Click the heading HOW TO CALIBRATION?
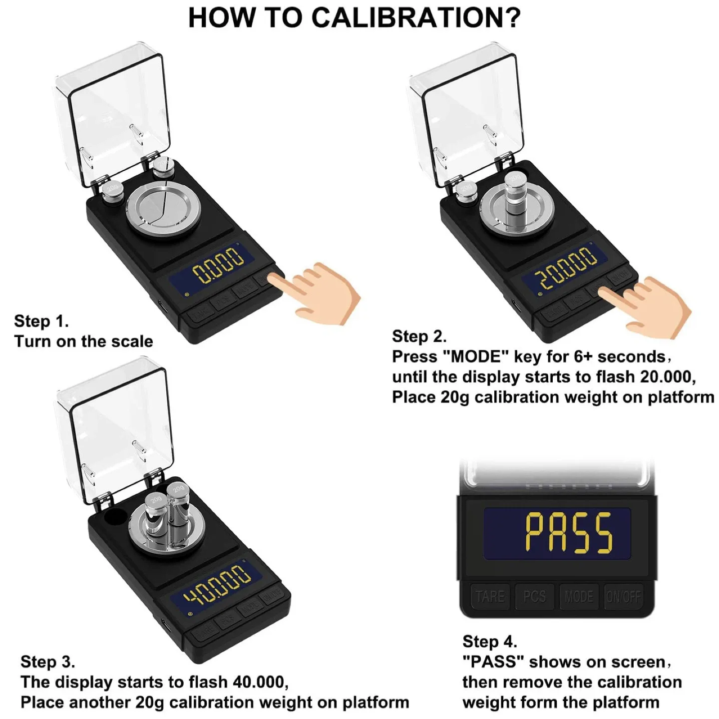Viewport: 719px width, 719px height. (x=354, y=18)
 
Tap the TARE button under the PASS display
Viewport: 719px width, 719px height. (x=489, y=596)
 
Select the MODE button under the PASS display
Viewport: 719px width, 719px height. (x=579, y=596)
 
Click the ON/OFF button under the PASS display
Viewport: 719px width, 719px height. (x=623, y=596)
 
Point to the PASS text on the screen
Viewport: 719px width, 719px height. (x=569, y=533)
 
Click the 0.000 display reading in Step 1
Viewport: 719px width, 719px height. (x=218, y=265)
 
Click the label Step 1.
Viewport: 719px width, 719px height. (x=41, y=321)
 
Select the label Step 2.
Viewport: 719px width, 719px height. (x=419, y=336)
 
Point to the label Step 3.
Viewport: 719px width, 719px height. (x=47, y=662)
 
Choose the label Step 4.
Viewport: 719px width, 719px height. (x=489, y=641)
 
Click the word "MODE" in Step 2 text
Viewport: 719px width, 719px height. (x=476, y=357)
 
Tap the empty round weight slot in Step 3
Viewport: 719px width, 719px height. (x=114, y=517)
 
